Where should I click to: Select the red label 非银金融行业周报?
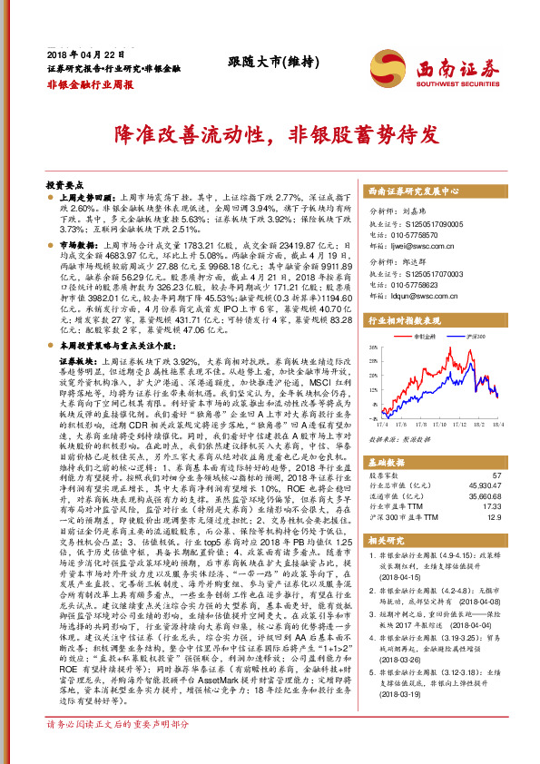pos(90,83)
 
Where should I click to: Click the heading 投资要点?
pos(64,182)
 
